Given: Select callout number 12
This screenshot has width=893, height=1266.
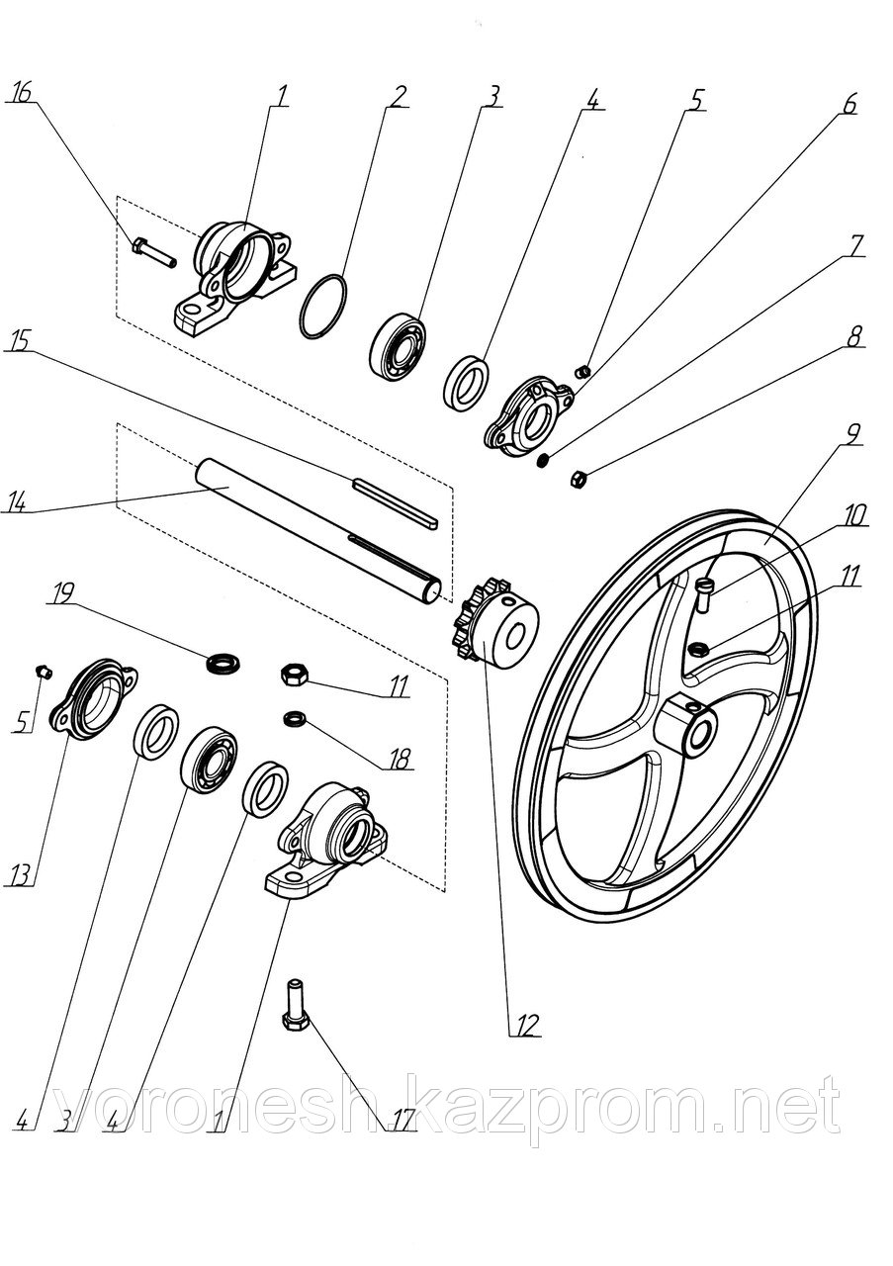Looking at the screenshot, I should coord(526,1024).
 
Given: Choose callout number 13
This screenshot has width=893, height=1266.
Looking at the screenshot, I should coord(20,873).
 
